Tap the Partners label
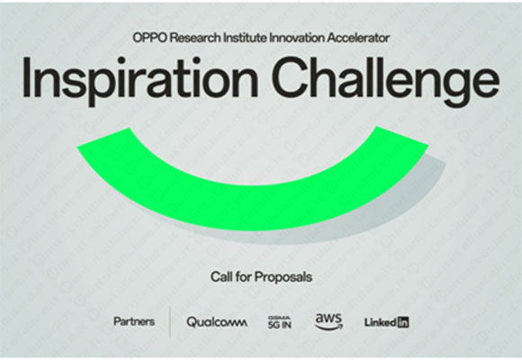[x=133, y=320]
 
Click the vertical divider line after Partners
[x=169, y=321]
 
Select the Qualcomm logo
[x=217, y=321]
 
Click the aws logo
[x=328, y=320]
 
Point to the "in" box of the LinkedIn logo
[x=402, y=321]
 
